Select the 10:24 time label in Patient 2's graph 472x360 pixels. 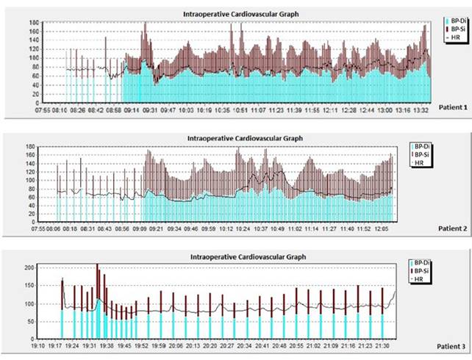coord(241,229)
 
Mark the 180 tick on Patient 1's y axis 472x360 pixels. coord(34,23)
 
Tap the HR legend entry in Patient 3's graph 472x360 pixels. coord(419,280)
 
